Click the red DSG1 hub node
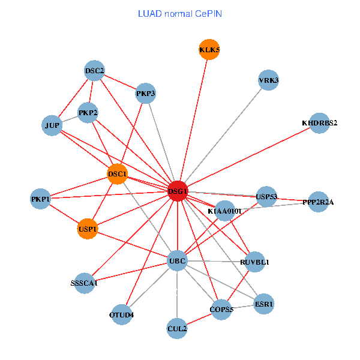178,191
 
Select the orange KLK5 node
209,50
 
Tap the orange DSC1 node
118,174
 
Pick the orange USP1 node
88,229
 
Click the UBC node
177,261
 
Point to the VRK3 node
268,80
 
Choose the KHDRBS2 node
320,123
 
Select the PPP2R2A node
318,202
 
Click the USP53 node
266,196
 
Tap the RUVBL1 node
255,262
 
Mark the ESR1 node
264,304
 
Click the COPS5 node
221,310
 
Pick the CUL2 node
178,328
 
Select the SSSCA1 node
84,283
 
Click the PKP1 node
41,199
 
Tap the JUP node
52,125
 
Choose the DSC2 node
95,71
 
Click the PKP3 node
146,93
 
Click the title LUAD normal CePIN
179,13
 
